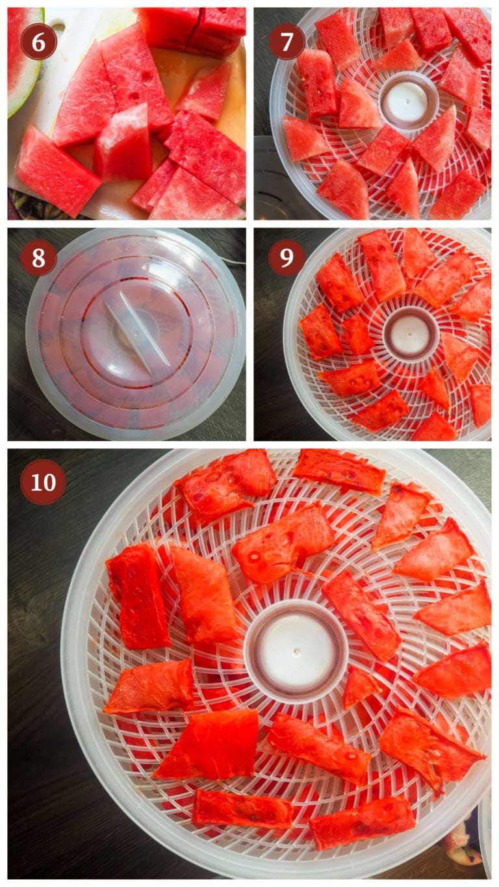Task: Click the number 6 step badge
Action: tap(38, 41)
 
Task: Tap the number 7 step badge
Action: tap(287, 41)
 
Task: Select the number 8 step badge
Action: tap(38, 258)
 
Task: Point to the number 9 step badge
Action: tap(287, 258)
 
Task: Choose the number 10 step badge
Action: tap(43, 482)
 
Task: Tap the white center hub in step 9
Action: tap(410, 335)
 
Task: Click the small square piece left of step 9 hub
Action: tap(357, 334)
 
